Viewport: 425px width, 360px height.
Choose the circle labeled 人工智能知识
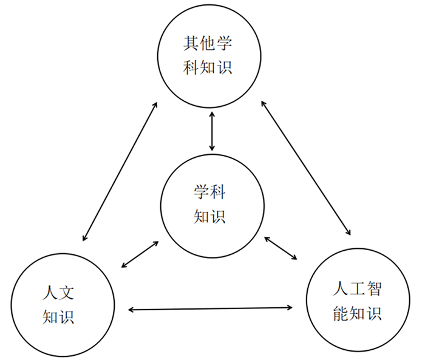click(358, 300)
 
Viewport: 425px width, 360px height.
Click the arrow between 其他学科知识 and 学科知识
click(211, 131)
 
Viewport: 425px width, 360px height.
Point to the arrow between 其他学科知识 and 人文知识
click(119, 171)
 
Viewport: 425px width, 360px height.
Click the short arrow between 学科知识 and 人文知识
click(140, 254)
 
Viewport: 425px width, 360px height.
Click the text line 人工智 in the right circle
click(358, 288)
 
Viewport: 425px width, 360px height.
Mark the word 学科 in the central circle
click(210, 192)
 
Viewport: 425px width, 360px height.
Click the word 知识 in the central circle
click(210, 216)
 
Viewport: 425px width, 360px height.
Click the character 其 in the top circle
click(191, 44)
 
